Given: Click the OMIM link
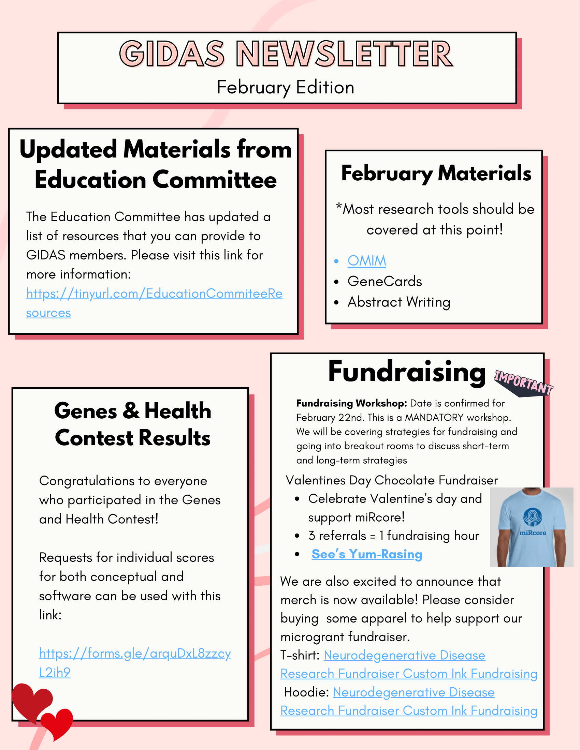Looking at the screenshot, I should click(367, 261).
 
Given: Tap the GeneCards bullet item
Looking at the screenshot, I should click(385, 281).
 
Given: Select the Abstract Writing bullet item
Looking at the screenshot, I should click(398, 302).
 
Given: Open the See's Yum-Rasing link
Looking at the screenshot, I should click(367, 554).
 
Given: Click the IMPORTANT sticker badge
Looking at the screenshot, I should click(523, 382).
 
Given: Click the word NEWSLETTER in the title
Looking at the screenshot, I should click(345, 54).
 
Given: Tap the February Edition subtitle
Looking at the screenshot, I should click(285, 87).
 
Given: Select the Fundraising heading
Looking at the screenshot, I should click(406, 372).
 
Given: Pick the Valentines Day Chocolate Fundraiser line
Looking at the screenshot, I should click(391, 480).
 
